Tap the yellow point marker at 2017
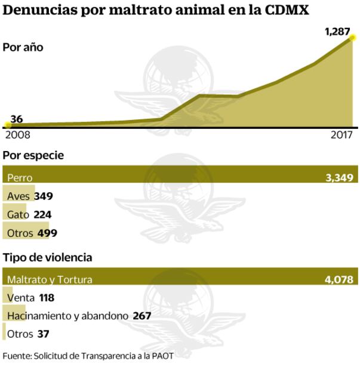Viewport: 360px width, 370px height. coord(353,38)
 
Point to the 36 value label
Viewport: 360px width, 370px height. coord(17,119)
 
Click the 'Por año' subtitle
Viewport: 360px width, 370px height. coord(23,48)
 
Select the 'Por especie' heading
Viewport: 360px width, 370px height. coord(33,156)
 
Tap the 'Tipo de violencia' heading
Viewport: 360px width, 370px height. coord(48,258)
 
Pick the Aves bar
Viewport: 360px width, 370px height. coord(18,196)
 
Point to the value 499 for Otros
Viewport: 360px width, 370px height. coord(47,233)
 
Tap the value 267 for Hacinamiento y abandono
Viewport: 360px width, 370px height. coord(143,316)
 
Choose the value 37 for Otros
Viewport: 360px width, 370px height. coord(43,334)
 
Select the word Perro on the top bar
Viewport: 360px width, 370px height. coord(20,177)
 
